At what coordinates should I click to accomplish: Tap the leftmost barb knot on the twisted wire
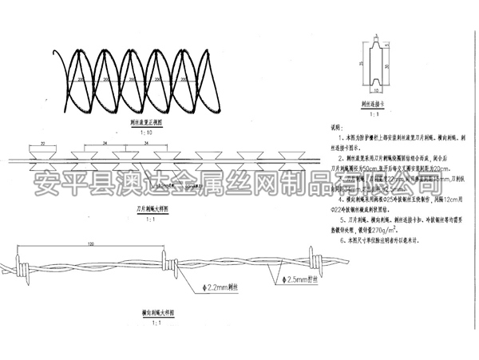[x=19, y=264]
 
